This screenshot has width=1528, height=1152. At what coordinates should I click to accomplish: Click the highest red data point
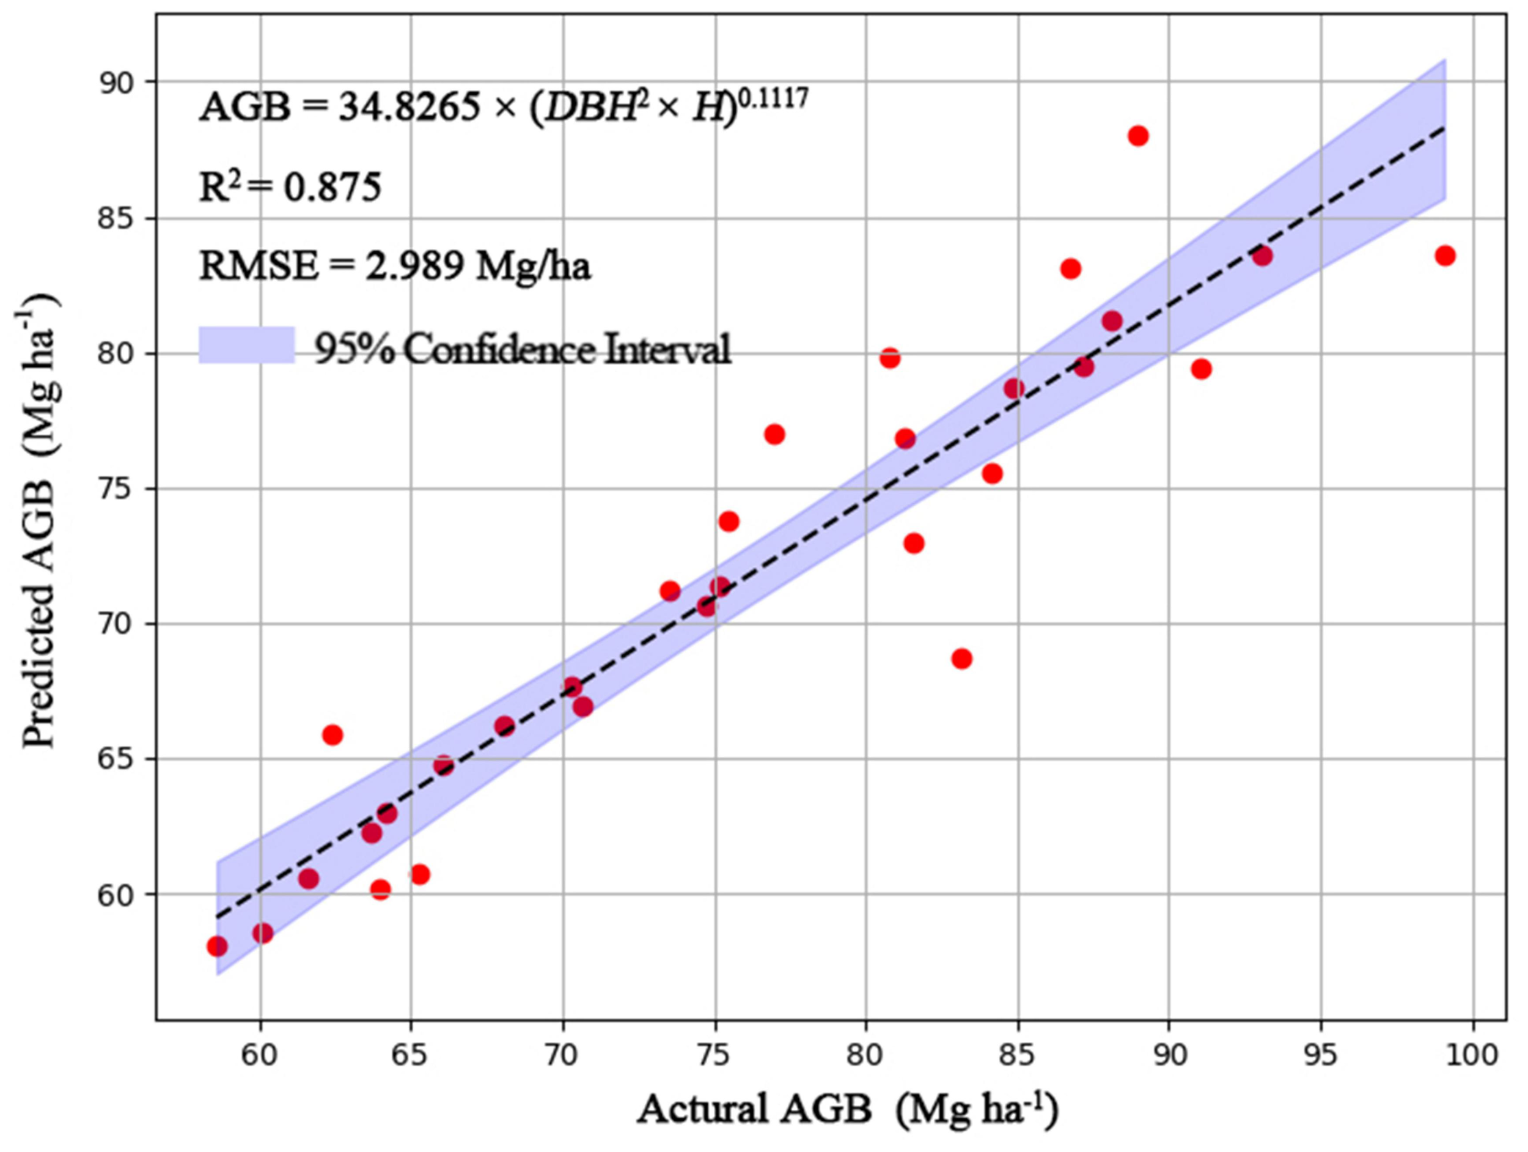(x=1139, y=136)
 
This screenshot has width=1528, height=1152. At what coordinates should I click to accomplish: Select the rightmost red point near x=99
(x=1444, y=256)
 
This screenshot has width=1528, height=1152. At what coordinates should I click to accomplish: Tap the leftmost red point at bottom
(x=217, y=946)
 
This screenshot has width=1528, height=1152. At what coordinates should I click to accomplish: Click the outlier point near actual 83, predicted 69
(x=961, y=659)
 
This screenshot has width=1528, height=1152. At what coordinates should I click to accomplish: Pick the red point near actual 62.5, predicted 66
(x=332, y=734)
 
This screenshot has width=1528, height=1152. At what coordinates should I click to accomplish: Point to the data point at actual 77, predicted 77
(x=774, y=434)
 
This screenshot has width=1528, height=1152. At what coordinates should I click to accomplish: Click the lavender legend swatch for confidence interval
(x=246, y=345)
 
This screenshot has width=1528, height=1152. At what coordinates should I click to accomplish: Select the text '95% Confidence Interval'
(x=522, y=350)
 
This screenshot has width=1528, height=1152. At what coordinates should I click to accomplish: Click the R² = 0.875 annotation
(x=290, y=186)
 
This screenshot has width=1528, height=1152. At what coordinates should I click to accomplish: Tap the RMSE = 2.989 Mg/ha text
(x=395, y=267)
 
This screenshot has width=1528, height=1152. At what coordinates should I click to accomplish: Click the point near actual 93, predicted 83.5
(x=1262, y=256)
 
